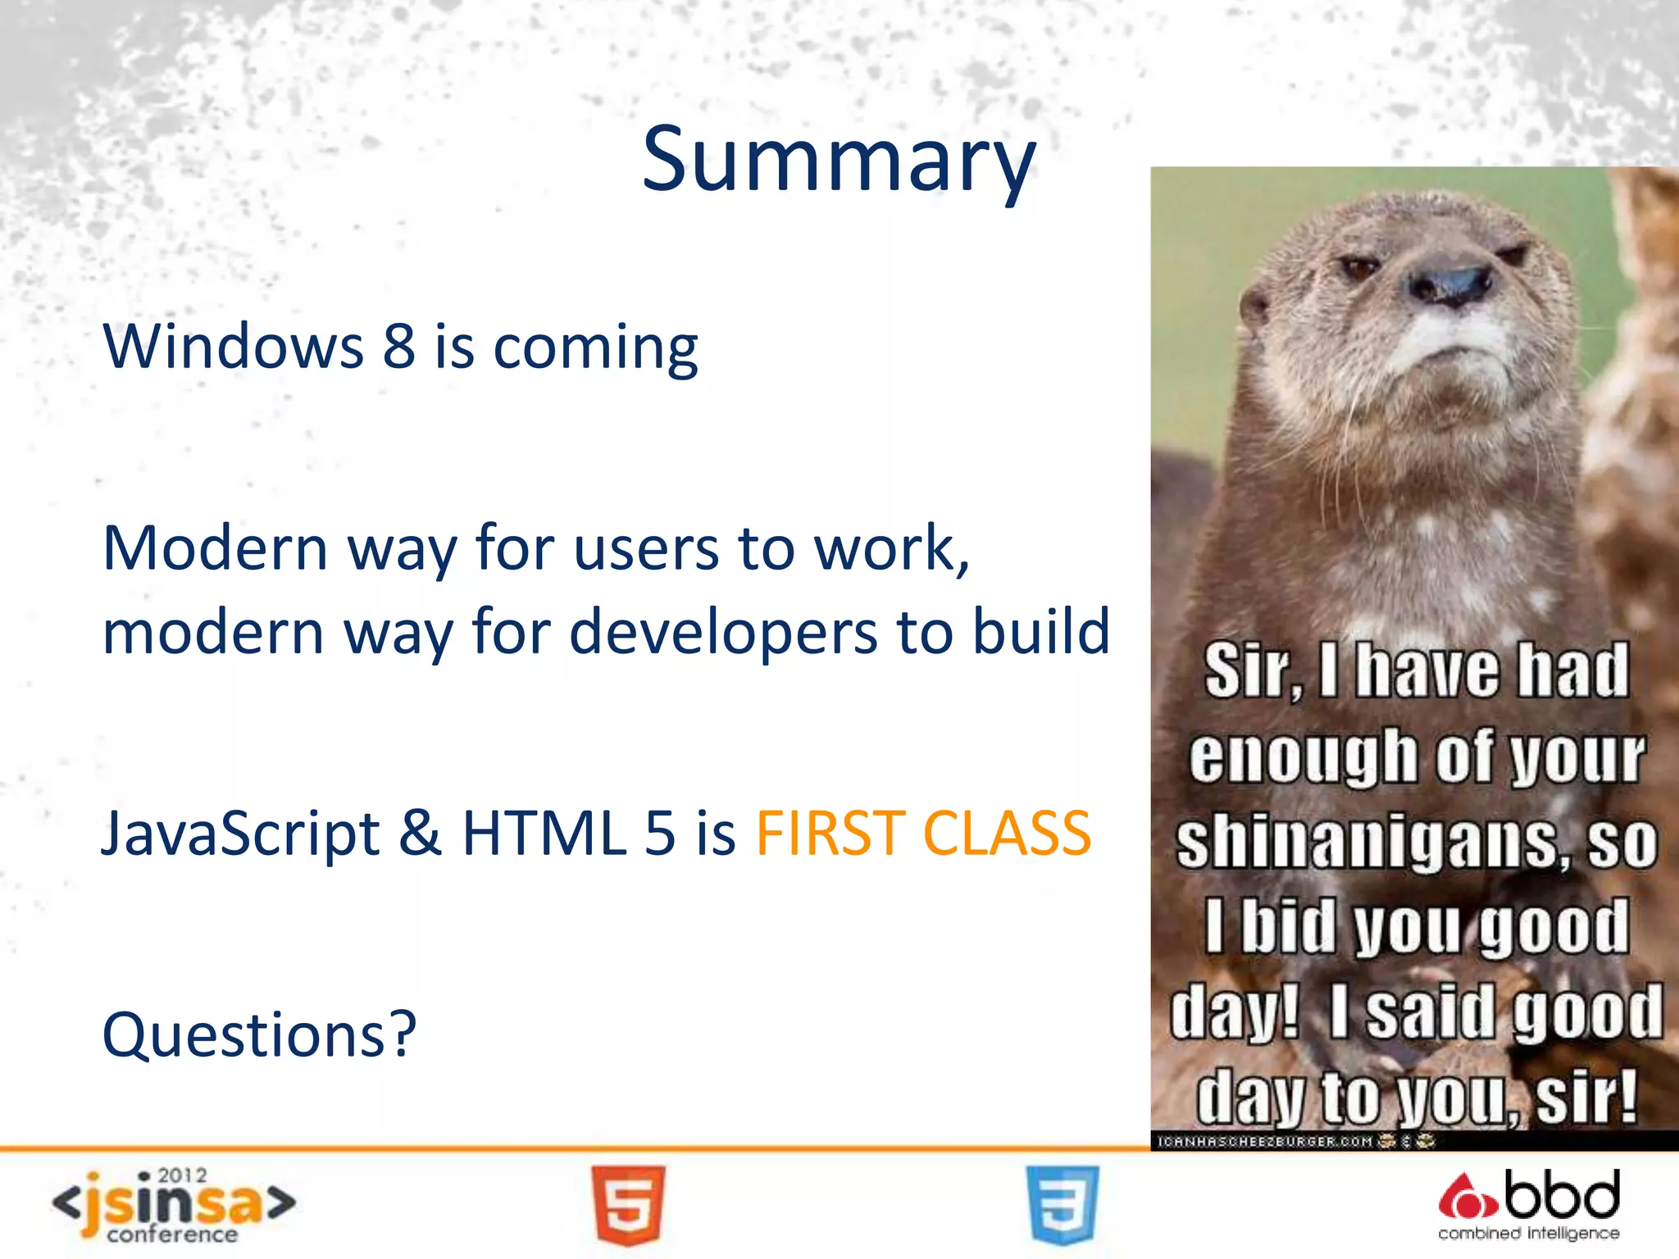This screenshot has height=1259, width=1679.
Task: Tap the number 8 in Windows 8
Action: pyautogui.click(x=399, y=346)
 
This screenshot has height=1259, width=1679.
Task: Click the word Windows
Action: pyautogui.click(x=233, y=346)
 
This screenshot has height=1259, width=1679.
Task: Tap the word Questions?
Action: pyautogui.click(x=259, y=1034)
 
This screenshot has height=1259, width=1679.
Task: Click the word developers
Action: pyautogui.click(x=723, y=633)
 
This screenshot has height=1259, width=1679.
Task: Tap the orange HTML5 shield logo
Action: pyautogui.click(x=628, y=1205)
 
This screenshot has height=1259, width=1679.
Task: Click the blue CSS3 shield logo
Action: pyautogui.click(x=1062, y=1205)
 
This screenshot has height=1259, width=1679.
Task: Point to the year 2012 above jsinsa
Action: pyautogui.click(x=182, y=1175)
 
